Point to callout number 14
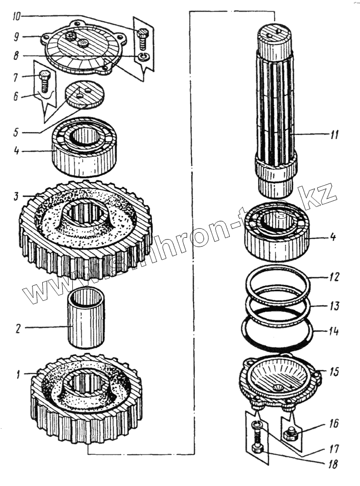[x=333, y=332]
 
